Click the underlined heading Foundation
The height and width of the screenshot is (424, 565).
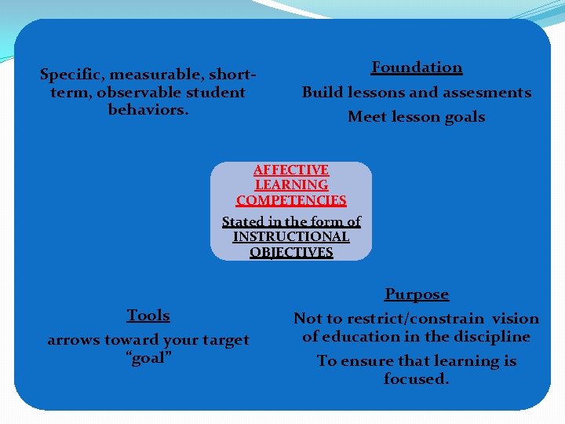417,68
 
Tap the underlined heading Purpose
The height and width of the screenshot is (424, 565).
417,294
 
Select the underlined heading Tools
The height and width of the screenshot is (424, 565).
148,316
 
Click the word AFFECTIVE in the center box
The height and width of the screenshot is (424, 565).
291,170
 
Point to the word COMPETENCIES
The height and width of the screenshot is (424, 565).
291,201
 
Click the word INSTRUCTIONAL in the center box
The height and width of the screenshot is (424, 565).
291,236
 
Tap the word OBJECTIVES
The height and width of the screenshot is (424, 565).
291,252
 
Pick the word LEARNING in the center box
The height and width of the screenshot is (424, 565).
291,185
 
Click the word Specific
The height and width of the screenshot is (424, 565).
71,75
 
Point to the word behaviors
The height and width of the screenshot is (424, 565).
148,109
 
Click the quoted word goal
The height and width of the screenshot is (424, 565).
148,357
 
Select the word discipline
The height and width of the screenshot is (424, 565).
490,337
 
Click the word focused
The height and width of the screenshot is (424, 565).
416,379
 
